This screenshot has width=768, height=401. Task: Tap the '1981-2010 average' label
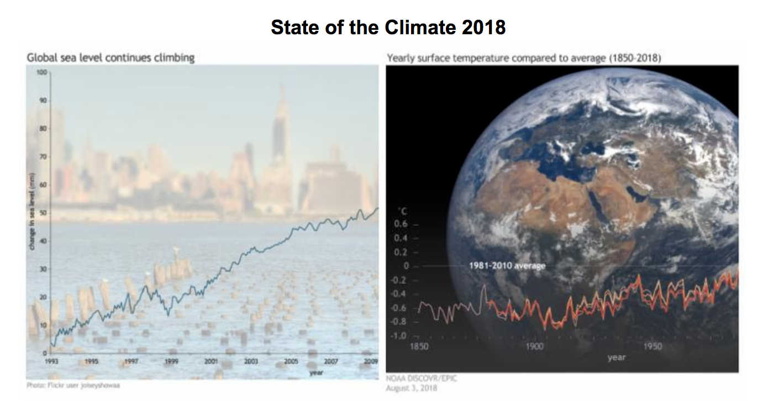pos(507,266)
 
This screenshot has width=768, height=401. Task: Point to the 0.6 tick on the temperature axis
pos(401,224)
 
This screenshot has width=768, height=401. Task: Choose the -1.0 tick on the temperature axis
pos(399,336)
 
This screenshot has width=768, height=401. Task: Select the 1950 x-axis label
pos(653,347)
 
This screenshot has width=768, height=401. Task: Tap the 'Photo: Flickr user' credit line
pos(73,386)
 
